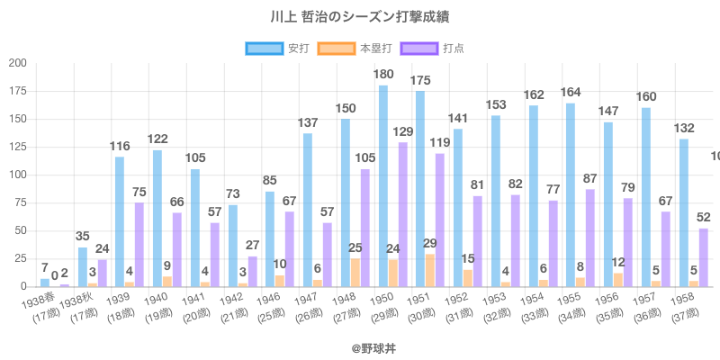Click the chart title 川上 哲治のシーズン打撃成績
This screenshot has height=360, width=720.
[x=360, y=17]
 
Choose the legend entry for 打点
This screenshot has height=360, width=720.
[x=434, y=48]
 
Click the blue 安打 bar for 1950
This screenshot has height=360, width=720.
[x=383, y=186]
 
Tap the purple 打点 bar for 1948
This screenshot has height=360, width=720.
[x=364, y=228]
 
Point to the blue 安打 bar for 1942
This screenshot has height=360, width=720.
[x=232, y=246]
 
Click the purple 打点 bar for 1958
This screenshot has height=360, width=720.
[x=703, y=257]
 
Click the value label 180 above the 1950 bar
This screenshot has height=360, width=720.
[x=383, y=74]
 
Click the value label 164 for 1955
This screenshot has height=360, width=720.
[x=571, y=92]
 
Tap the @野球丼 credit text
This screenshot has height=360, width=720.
[x=360, y=345]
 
